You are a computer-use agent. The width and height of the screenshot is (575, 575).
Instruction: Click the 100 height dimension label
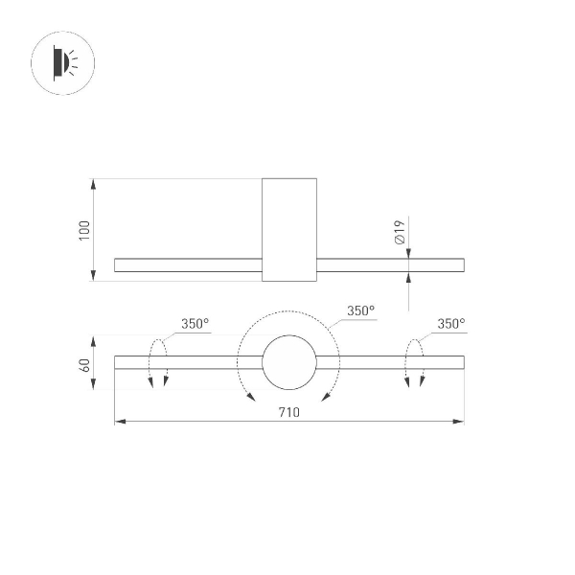click(x=84, y=230)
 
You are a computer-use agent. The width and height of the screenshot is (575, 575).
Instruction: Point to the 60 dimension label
click(x=84, y=364)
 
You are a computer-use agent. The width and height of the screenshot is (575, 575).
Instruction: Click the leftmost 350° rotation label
click(x=195, y=324)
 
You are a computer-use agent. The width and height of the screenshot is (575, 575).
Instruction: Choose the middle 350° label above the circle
click(x=360, y=310)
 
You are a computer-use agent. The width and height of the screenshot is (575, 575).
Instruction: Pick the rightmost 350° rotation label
click(x=450, y=324)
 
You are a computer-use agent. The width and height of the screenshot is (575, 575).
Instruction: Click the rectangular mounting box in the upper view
click(x=289, y=230)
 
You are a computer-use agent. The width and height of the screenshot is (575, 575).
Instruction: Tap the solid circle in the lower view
click(x=289, y=362)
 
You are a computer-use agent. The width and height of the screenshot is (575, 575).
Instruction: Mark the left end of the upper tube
click(x=116, y=264)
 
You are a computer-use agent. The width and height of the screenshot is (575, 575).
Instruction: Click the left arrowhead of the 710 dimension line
click(x=119, y=422)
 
